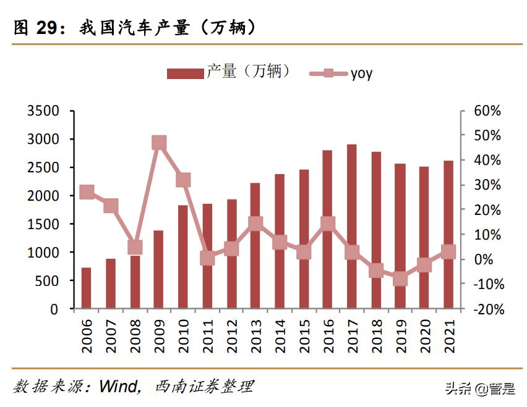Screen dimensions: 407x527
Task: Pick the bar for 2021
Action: (448, 234)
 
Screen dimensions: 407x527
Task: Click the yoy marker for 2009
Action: (159, 143)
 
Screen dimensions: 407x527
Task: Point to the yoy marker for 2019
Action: (400, 279)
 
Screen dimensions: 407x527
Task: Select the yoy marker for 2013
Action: (255, 224)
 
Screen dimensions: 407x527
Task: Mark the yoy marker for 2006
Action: (87, 192)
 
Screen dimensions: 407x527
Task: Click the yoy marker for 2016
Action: (328, 224)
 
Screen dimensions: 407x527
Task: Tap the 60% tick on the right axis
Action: (487, 111)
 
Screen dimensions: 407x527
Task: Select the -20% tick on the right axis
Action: (487, 309)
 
